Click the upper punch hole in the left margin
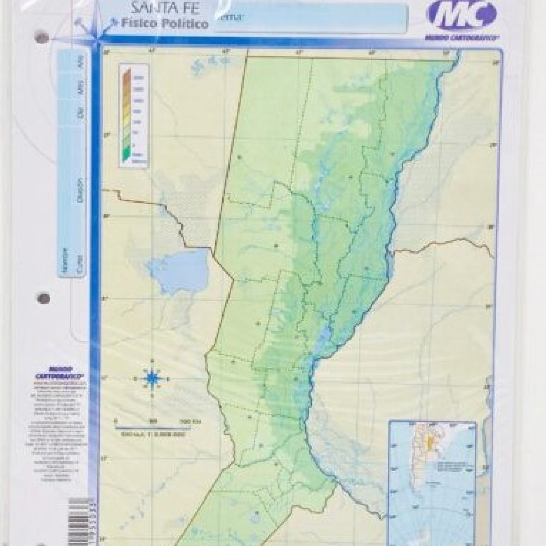42,38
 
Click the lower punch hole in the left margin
43,298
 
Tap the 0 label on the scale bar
117,421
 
